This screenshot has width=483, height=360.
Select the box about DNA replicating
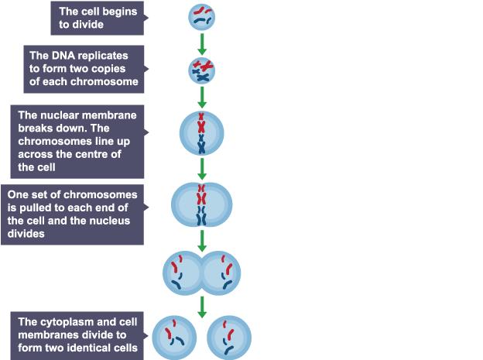pyautogui.click(x=85, y=68)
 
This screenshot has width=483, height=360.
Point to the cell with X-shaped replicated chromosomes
pyautogui.click(x=202, y=70)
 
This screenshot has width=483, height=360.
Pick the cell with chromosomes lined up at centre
pyautogui.click(x=202, y=133)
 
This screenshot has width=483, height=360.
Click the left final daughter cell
pyautogui.click(x=173, y=335)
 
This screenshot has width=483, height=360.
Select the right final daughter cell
pyautogui.click(x=230, y=335)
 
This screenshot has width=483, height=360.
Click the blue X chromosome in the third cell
pyautogui.click(x=202, y=143)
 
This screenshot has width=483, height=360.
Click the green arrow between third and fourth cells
pyautogui.click(x=202, y=169)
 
